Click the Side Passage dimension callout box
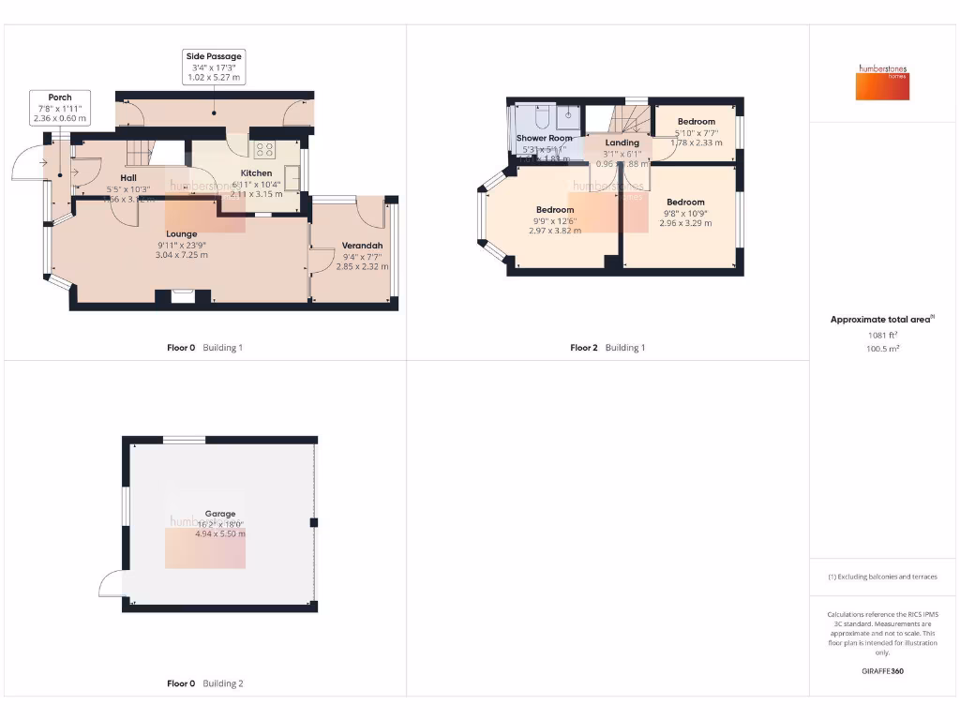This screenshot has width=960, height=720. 214,67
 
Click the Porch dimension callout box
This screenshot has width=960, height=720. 60,108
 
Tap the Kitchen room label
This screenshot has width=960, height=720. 256,172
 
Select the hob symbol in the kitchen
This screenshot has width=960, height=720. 264,148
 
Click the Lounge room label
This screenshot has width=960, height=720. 182,233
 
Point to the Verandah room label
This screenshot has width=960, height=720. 362,247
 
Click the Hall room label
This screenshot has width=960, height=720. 128,177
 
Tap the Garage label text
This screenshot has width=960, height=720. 206,514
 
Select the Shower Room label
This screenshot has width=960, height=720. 544,138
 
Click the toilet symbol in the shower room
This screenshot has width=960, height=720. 541,117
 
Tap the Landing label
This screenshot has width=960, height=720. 622,142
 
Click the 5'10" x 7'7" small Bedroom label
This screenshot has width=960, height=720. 697,122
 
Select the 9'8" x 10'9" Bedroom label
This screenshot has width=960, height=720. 685,202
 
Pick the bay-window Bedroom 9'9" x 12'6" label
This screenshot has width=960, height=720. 555,210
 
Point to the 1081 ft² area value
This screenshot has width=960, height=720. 881,335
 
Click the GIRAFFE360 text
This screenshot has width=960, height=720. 883,671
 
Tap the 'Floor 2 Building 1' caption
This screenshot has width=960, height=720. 607,348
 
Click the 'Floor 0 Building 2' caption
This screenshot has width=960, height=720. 204,683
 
